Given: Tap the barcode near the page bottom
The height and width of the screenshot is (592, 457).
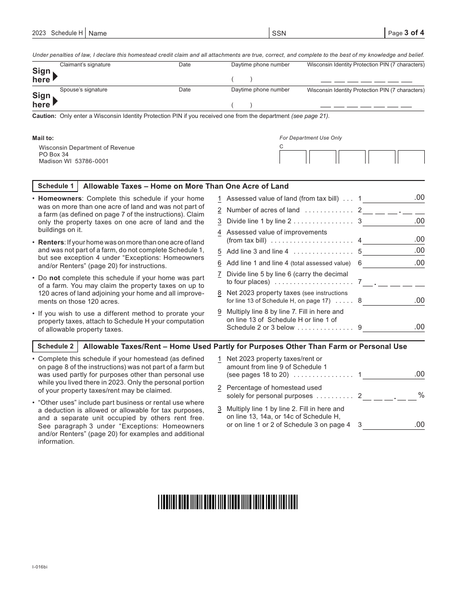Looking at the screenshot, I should [x=228, y=502].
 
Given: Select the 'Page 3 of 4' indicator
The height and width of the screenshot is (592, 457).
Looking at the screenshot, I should [x=406, y=33].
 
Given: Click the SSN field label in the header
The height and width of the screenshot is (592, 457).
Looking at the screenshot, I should [x=279, y=33].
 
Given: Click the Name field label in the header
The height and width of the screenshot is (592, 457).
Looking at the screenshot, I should [x=98, y=33].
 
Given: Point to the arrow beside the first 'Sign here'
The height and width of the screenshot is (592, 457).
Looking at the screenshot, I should [x=55, y=76].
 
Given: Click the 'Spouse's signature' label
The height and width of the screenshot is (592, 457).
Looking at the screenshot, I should [x=84, y=90].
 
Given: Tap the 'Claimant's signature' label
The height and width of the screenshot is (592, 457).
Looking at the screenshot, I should [x=85, y=64].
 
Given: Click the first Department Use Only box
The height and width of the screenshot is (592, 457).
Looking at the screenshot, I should [x=292, y=157].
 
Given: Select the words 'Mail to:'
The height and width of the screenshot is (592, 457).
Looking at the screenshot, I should [x=43, y=138].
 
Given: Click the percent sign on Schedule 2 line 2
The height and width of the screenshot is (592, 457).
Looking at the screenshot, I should [x=421, y=395].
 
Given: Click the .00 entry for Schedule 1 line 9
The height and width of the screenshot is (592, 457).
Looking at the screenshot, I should [x=419, y=327].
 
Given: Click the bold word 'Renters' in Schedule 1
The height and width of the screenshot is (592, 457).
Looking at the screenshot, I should [x=51, y=242].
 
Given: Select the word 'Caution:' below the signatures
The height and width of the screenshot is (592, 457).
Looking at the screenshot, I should [x=44, y=116].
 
